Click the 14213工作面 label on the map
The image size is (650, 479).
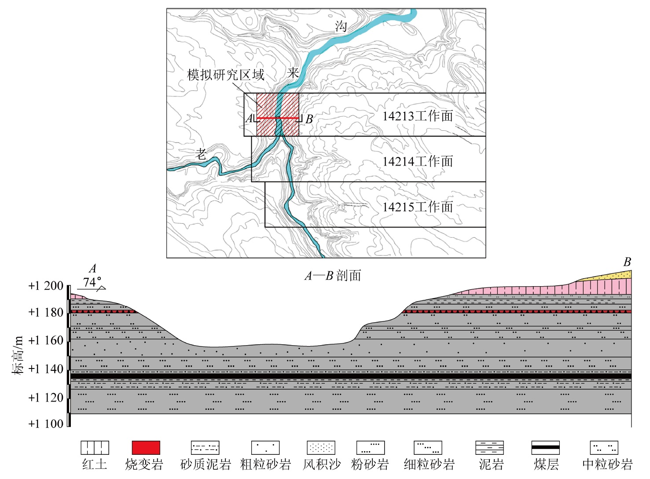(x=417, y=116)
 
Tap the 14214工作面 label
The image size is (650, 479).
(x=417, y=161)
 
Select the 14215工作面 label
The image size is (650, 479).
(x=417, y=206)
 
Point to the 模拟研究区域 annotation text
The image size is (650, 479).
(x=225, y=75)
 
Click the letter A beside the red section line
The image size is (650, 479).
(x=250, y=118)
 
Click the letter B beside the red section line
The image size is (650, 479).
(x=309, y=119)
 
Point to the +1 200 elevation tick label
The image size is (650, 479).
(x=46, y=286)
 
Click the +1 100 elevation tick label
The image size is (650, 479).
(x=46, y=424)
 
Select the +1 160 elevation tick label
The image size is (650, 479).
(x=46, y=340)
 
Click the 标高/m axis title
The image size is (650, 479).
(x=18, y=355)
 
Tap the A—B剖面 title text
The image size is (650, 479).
(x=333, y=276)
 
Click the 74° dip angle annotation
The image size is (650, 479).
(x=92, y=282)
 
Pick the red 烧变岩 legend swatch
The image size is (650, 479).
(x=146, y=448)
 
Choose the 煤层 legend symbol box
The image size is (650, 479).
(x=545, y=448)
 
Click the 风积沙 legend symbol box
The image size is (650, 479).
(x=321, y=448)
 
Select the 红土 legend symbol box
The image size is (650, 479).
(x=95, y=448)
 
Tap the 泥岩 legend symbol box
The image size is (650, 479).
(x=489, y=448)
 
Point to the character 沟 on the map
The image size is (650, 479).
(x=341, y=26)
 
